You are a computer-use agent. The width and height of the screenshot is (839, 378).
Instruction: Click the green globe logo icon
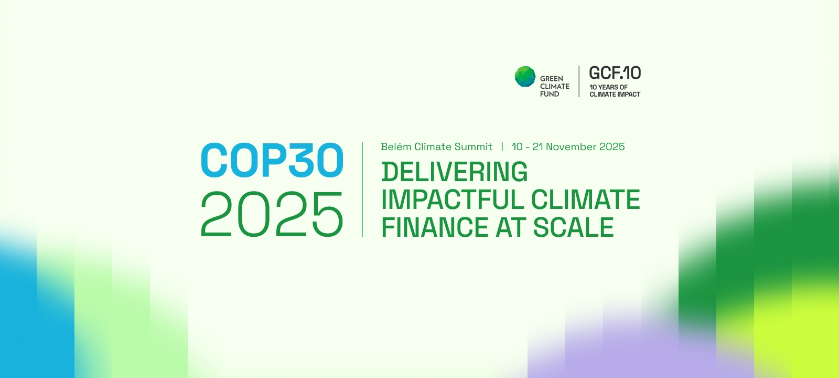(x=525, y=77)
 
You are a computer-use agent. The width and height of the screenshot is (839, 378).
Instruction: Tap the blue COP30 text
(x=272, y=160)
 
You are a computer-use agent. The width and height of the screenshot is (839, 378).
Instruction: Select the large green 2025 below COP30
(x=272, y=214)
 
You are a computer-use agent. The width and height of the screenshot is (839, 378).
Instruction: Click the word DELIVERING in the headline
(x=454, y=172)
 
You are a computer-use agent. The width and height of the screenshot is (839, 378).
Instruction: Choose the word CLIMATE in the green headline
(x=586, y=199)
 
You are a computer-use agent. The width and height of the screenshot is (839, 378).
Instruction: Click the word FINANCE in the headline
(x=435, y=227)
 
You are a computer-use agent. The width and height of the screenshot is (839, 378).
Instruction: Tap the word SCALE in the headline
(x=574, y=227)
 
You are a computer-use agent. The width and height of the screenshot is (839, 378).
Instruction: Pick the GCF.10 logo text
(x=615, y=73)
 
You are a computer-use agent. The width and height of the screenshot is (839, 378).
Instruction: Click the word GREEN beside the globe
(x=551, y=79)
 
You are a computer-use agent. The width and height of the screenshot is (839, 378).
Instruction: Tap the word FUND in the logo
(x=550, y=94)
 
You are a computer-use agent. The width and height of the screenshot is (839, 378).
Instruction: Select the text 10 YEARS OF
(x=609, y=87)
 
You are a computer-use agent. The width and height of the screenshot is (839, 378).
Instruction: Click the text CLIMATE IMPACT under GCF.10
(x=615, y=94)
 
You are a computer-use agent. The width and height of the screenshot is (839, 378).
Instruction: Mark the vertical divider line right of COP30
(x=362, y=190)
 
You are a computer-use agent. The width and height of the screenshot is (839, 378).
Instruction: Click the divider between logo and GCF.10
(x=579, y=81)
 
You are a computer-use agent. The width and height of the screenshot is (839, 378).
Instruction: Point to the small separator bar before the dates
(x=502, y=146)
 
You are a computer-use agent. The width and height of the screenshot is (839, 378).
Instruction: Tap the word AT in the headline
(x=511, y=227)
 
